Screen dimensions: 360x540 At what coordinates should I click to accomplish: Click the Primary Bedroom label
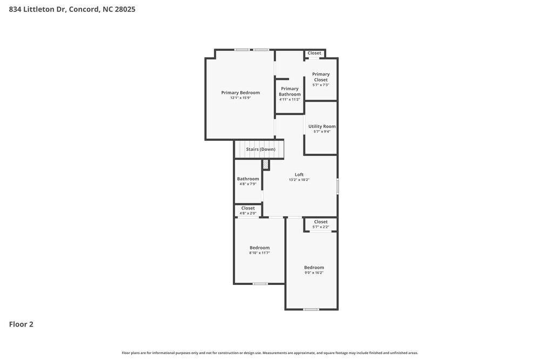click(240, 92)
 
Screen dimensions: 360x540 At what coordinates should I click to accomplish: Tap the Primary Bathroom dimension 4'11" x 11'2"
click(289, 99)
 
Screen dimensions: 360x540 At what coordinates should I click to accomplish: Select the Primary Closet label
click(321, 77)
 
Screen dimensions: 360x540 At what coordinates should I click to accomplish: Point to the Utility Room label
click(322, 126)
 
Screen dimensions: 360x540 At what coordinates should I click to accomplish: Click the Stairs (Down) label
click(260, 149)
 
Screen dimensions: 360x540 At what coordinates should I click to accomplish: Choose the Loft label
click(299, 174)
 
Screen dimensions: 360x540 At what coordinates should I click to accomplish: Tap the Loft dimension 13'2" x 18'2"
click(299, 180)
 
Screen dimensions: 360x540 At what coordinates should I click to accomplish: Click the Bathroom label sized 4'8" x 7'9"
click(248, 179)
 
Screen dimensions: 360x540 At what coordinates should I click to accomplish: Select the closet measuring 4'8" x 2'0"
click(248, 210)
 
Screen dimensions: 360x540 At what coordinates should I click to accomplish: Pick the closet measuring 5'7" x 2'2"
click(321, 224)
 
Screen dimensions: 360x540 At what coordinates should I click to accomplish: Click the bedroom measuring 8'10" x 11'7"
click(259, 250)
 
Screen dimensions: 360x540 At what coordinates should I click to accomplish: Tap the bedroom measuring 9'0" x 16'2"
click(314, 270)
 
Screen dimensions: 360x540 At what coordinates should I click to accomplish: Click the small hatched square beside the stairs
click(266, 165)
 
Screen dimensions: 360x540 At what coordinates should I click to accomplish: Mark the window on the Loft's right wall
click(337, 186)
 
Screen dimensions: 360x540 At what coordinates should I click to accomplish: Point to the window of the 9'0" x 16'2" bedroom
click(310, 309)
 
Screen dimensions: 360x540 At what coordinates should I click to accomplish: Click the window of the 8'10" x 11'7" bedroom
click(260, 283)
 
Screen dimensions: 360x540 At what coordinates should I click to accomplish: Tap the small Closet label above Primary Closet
click(314, 53)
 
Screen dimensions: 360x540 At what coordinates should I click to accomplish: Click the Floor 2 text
click(21, 324)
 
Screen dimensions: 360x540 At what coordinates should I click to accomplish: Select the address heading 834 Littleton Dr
click(72, 9)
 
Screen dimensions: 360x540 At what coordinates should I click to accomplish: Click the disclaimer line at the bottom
click(269, 352)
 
